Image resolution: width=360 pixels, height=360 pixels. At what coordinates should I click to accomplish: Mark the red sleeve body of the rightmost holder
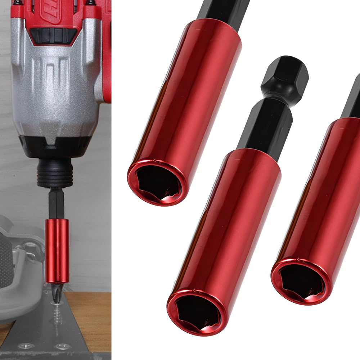(x=324, y=194)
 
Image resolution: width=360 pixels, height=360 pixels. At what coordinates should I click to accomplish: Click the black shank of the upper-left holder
(x=223, y=11)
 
